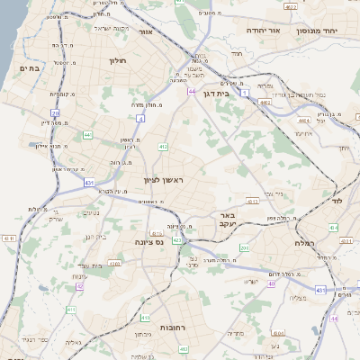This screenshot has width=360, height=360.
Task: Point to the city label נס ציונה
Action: pos(148,242)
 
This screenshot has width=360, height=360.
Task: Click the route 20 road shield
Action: pos(55,113)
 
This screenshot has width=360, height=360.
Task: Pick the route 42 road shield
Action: pos(79,286)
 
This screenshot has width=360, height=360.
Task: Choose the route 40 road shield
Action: pos(271,283)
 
